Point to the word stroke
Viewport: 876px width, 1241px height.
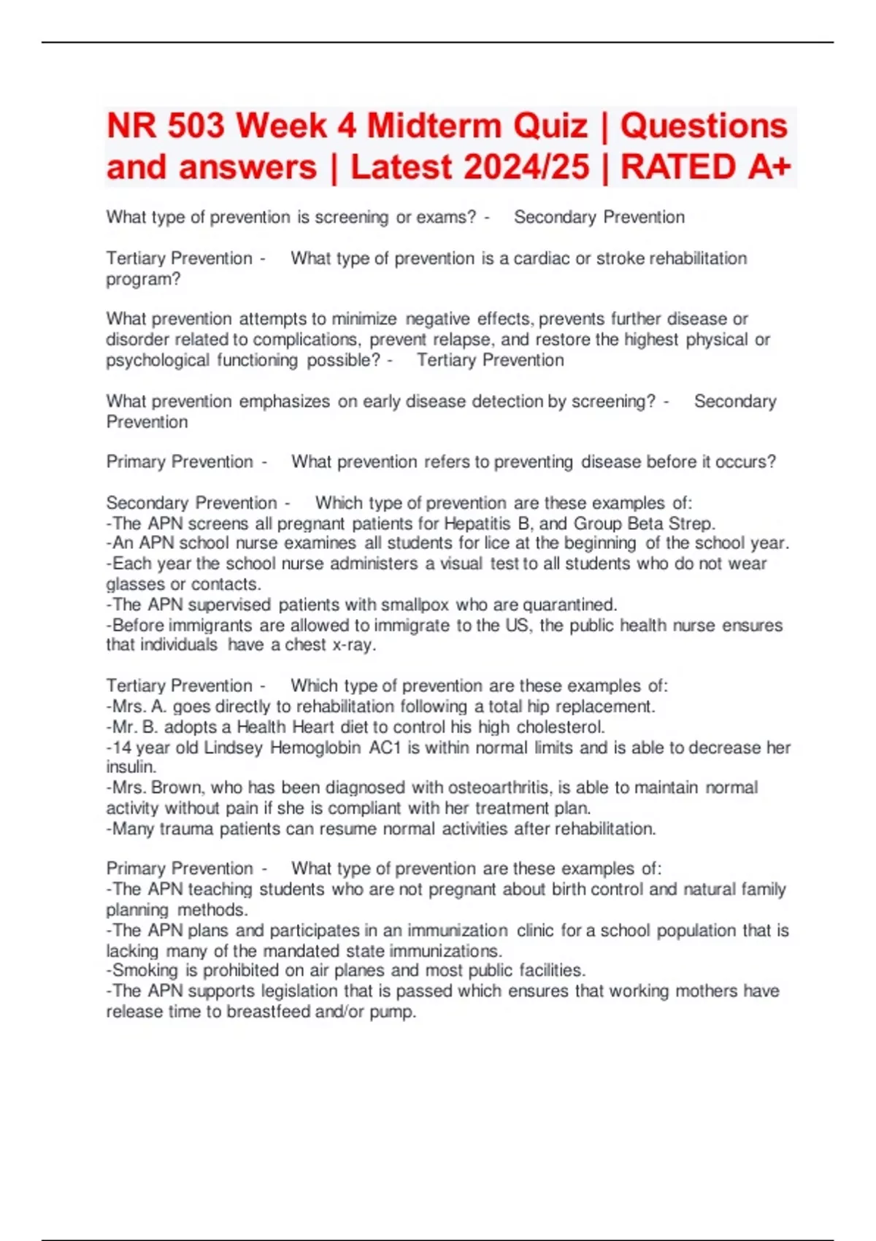coord(620,258)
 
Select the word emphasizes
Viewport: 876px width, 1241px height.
coord(284,401)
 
